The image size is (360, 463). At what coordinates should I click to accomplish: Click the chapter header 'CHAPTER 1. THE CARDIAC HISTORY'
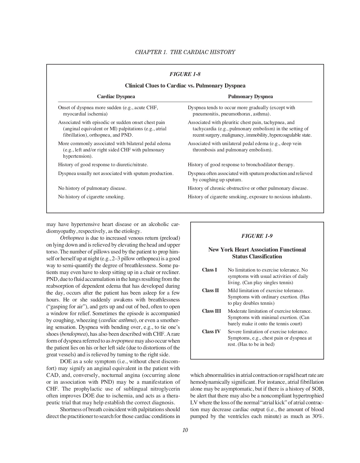[x=185, y=52]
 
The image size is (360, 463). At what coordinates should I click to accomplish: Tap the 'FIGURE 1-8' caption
[x=185, y=74]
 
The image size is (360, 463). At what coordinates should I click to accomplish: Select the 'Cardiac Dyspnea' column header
[x=116, y=97]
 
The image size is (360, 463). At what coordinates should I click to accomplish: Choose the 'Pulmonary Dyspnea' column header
[x=250, y=97]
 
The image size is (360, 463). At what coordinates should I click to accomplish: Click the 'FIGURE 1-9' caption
[x=257, y=236]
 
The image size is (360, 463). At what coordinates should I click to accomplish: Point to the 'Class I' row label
[x=209, y=270]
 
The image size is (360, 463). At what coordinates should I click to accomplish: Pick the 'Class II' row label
[x=211, y=290]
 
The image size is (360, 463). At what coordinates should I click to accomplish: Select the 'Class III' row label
[x=211, y=311]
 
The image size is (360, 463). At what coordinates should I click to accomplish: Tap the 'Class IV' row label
[x=211, y=332]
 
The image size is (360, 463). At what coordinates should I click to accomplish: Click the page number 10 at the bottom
[x=185, y=430]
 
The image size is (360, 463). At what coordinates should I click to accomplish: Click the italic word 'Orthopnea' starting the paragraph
[x=72, y=238]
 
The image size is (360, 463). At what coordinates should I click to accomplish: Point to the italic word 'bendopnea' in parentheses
[x=72, y=334]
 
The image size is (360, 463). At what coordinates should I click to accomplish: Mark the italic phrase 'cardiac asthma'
[x=118, y=320]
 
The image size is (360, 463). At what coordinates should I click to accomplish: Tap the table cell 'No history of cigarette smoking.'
[x=91, y=197]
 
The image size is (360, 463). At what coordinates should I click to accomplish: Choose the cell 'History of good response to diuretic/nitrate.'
[x=103, y=165]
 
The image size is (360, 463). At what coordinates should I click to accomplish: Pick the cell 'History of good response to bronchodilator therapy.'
[x=241, y=165]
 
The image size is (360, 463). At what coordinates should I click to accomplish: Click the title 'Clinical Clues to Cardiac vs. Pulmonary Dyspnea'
[x=185, y=86]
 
